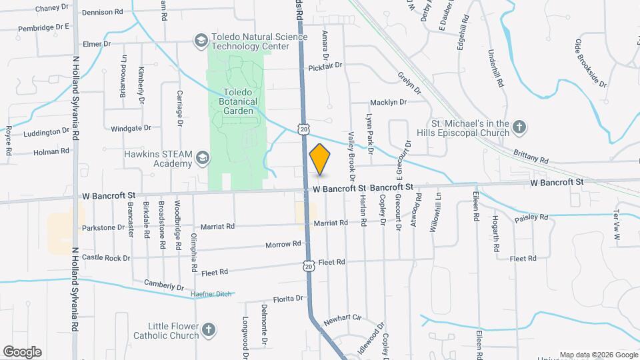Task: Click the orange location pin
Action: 320,159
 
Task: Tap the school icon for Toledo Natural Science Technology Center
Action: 200,41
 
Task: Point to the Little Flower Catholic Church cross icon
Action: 209,330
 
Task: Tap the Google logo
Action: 22,351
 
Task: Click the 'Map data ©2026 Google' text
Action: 599,355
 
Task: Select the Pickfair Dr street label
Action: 325,66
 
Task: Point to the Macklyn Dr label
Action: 389,102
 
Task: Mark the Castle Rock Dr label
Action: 106,257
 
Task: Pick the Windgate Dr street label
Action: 131,127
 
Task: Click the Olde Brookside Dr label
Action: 590,64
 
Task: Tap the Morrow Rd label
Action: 279,245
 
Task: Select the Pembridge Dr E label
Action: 44,27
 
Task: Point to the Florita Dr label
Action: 288,299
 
